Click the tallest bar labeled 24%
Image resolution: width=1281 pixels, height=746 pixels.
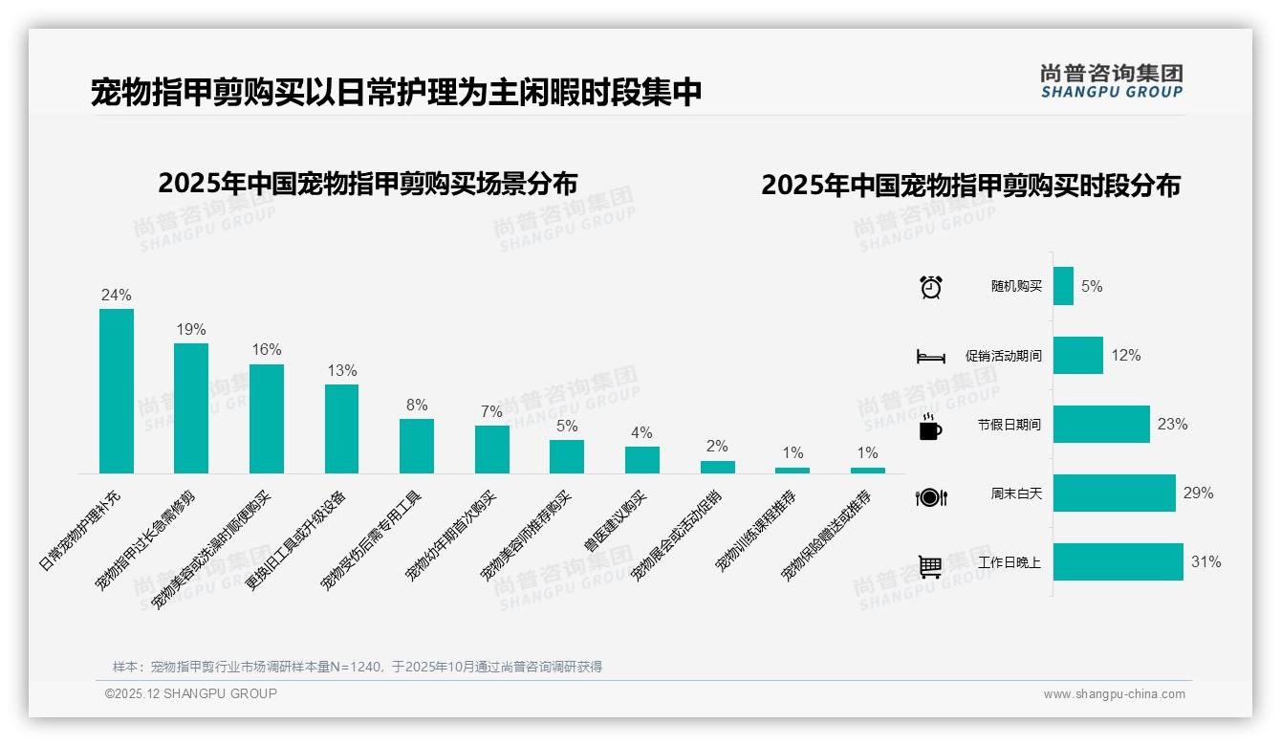[x=117, y=390]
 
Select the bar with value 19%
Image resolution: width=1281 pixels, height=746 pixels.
[x=191, y=407]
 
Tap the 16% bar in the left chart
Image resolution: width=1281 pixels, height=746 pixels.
[x=267, y=418]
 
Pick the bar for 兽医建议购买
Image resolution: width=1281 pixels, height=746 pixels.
[x=642, y=459]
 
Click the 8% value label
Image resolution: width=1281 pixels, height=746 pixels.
[x=417, y=406]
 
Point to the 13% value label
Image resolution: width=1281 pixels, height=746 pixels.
[x=341, y=371]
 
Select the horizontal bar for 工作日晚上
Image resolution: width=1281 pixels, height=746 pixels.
[x=1118, y=562]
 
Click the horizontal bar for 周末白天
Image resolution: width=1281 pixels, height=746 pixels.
[x=1114, y=494]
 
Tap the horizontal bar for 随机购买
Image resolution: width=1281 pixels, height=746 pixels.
[x=1063, y=286]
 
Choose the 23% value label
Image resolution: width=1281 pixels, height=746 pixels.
[x=1172, y=425]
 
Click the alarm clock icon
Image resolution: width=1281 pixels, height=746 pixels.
[x=930, y=287]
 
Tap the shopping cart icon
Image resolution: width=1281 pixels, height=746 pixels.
[x=930, y=566]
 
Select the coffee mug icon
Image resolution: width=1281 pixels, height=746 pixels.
[x=930, y=428]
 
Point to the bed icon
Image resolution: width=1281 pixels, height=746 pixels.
[x=930, y=357]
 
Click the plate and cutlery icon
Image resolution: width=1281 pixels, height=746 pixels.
[x=930, y=496]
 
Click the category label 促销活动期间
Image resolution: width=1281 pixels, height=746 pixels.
[x=1003, y=356]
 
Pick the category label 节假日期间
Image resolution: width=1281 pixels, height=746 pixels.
[x=1009, y=425]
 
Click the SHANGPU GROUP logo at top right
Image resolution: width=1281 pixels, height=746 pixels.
[x=1111, y=81]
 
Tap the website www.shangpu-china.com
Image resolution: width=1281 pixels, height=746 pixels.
[x=1114, y=694]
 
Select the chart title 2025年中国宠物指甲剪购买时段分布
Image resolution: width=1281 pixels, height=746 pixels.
[x=970, y=186]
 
